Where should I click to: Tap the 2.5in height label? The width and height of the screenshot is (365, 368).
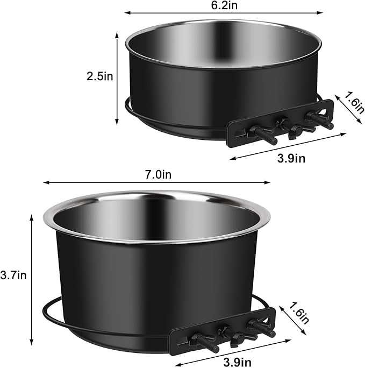(100, 76)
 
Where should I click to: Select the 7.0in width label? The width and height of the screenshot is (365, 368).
(158, 174)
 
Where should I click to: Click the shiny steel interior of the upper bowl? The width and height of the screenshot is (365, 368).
(223, 45)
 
